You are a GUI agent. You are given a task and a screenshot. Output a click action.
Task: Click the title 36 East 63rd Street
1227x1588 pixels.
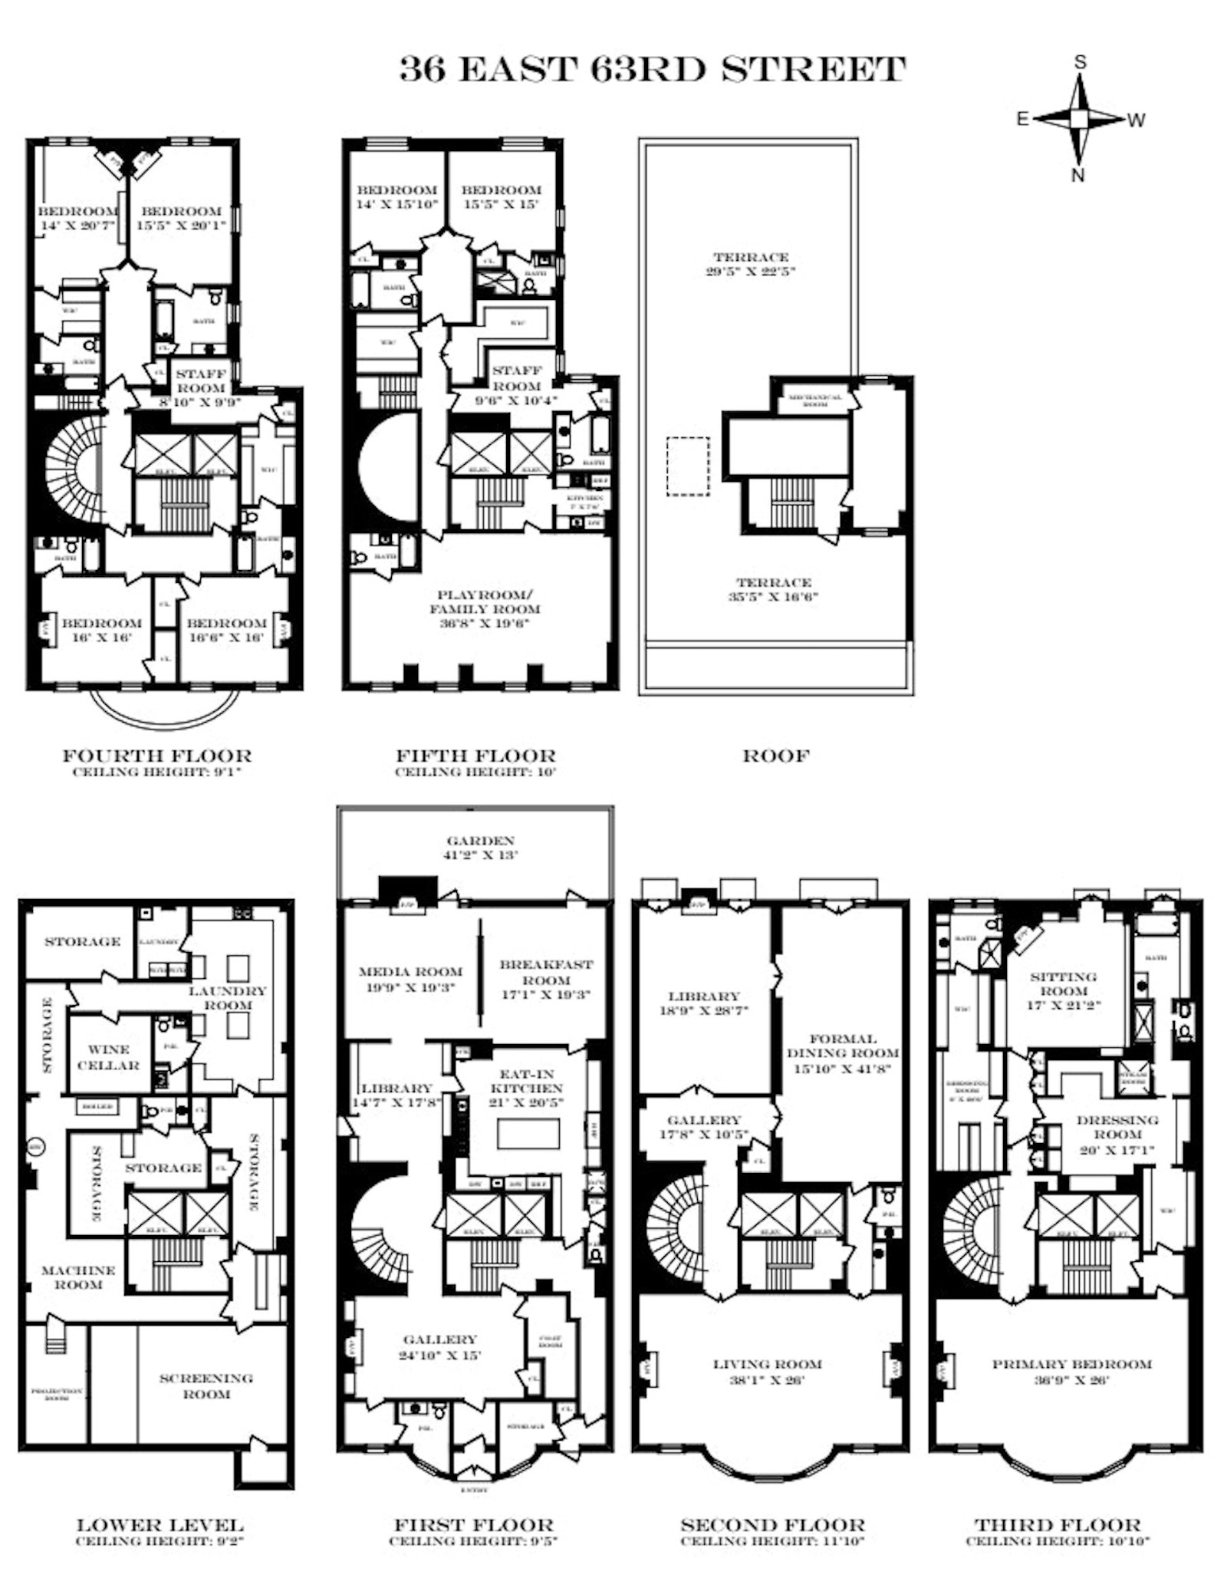(653, 69)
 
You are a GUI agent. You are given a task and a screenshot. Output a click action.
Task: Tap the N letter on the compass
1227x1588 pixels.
(1077, 175)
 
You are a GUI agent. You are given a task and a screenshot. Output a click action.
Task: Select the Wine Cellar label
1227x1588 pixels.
(108, 1057)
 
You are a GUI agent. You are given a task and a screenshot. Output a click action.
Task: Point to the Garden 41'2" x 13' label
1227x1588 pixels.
(481, 848)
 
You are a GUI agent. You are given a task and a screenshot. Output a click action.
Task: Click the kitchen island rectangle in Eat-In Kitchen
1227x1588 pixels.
(528, 1135)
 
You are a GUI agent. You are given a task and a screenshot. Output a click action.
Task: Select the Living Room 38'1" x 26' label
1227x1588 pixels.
(768, 1372)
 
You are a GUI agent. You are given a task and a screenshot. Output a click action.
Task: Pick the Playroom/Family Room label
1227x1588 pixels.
(488, 608)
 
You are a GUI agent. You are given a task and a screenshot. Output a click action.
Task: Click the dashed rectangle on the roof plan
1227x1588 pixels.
(687, 466)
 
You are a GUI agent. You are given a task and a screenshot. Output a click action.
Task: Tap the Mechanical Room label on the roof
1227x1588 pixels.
(815, 400)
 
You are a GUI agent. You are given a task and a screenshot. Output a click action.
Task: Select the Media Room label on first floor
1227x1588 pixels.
(411, 979)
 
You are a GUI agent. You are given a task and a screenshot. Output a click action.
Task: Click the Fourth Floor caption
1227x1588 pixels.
(156, 756)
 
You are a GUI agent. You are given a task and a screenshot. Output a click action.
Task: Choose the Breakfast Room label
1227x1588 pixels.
(546, 979)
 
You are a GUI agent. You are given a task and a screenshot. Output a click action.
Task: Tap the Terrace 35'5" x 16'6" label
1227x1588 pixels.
(774, 589)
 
